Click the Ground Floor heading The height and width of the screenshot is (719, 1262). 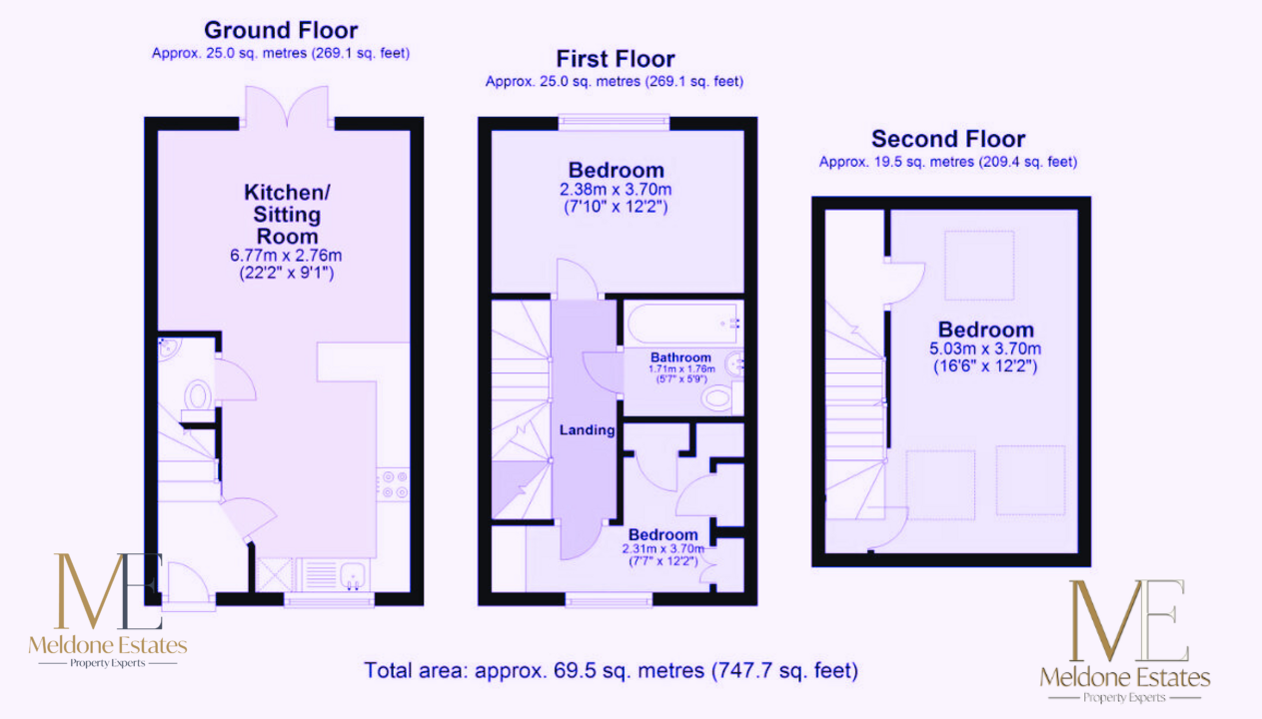281,30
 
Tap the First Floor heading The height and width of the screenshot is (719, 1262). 616,59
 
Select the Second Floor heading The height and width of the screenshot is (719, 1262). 948,139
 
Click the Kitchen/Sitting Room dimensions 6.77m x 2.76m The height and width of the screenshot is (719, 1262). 286,255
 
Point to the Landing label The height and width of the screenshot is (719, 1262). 588,430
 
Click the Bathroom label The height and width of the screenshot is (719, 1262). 680,358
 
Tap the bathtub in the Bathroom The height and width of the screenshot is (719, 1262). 682,324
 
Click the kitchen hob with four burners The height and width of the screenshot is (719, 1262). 395,484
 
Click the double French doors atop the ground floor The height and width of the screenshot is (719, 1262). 287,107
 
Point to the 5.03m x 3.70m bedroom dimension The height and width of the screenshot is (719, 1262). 985,349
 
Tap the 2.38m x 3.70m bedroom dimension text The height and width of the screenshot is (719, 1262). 616,189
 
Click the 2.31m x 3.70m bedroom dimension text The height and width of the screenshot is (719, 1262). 663,548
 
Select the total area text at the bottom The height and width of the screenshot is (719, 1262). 611,671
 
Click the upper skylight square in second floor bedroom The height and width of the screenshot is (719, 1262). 979,266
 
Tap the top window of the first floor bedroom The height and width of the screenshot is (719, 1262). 615,123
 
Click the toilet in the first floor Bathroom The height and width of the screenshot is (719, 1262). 716,398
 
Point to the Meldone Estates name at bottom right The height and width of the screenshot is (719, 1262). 1125,677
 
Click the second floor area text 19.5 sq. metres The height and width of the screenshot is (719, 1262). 923,162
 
